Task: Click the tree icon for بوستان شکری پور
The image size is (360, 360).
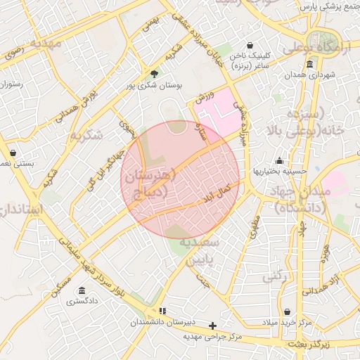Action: click(154, 74)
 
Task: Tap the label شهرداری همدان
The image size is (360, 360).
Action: click(311, 75)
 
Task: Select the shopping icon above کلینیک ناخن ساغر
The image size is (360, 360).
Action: click(250, 46)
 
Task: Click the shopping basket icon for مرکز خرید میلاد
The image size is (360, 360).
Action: click(288, 311)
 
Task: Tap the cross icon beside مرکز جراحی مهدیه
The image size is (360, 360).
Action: click(213, 326)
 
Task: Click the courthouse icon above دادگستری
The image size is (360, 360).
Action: click(82, 291)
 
